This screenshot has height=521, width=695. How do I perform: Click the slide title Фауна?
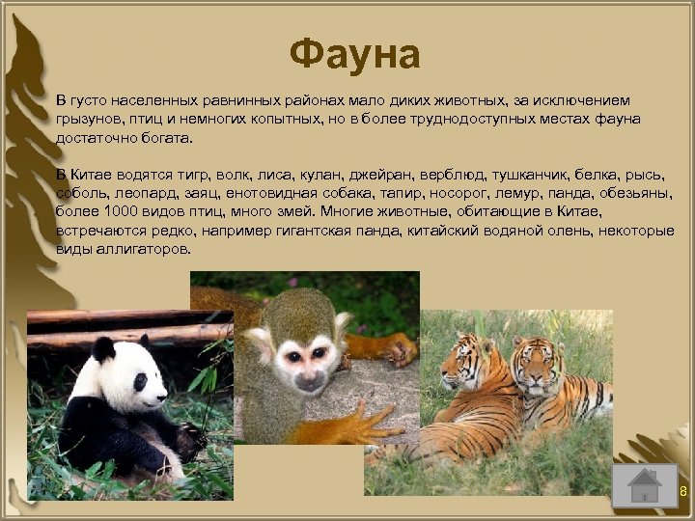[354, 55]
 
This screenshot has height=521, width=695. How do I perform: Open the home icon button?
[644, 484]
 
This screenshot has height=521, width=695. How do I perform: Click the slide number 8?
[682, 493]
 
